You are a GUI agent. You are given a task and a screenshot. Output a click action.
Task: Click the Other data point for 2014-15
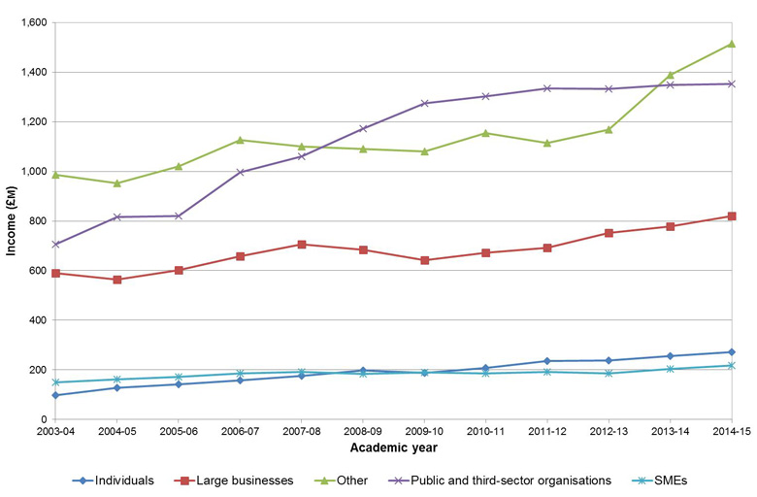731,44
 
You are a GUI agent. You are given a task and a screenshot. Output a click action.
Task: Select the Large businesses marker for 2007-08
302,245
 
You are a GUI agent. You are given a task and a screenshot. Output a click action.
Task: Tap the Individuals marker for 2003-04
55,395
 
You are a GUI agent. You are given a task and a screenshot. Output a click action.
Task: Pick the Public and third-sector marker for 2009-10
424,103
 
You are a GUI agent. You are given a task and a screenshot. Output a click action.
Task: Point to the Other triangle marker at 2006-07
240,140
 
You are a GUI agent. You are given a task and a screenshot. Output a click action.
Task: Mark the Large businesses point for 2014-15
731,216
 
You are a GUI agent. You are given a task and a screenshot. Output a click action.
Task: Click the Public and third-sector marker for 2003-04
55,245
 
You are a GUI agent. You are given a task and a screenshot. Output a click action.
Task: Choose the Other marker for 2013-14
670,75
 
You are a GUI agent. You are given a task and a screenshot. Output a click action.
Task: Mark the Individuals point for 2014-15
731,352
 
